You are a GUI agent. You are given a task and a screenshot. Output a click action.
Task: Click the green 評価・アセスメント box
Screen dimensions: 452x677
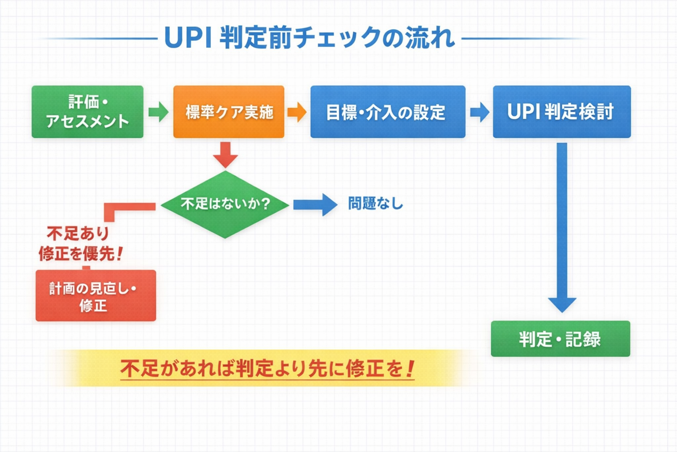coord(87,112)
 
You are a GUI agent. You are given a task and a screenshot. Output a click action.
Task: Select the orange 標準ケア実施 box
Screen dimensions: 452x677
coord(229,112)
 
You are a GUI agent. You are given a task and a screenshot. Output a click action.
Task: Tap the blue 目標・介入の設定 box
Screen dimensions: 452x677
coord(387,112)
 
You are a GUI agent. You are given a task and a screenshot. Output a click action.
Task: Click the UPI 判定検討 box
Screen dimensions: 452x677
coord(562,112)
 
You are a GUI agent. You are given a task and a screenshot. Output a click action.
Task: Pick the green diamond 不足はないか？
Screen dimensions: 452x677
coord(225,204)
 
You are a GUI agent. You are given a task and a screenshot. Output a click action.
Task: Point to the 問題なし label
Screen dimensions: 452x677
coord(376,203)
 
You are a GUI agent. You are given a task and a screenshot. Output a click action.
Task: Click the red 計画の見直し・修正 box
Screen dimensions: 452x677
coord(96,296)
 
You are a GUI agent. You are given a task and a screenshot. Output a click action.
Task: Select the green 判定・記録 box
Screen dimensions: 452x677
coord(560,339)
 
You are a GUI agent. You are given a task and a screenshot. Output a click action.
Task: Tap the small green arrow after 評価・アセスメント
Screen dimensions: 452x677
coord(158,112)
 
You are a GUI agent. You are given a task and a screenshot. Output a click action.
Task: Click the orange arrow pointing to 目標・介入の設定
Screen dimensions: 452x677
coord(297,112)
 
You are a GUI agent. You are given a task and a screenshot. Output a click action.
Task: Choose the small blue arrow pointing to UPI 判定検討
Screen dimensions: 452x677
coord(480,112)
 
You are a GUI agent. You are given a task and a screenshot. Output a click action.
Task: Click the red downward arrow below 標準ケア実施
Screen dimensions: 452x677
coord(225,154)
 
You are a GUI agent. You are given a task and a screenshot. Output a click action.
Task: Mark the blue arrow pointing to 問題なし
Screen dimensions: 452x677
coord(315,204)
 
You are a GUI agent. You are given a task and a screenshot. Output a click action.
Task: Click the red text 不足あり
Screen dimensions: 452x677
coord(78,233)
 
